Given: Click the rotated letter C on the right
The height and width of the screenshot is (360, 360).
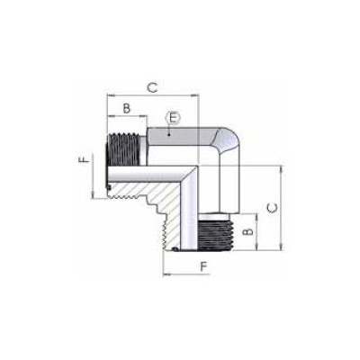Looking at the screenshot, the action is (x=272, y=208).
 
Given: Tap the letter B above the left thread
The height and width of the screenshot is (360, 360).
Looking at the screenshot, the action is (x=127, y=108).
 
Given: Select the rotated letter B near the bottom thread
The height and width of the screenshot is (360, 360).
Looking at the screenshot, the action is (x=248, y=232).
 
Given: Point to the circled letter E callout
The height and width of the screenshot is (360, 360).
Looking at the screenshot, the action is (x=173, y=118).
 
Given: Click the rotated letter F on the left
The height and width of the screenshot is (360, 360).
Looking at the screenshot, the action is (x=85, y=158).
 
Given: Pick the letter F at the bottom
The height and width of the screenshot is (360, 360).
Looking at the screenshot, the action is (x=204, y=266).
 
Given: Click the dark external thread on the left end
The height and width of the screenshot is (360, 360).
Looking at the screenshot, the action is (x=124, y=150).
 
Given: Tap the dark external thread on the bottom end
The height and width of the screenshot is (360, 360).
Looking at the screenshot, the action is (x=216, y=235).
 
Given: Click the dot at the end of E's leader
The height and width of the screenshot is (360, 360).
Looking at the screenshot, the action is (x=169, y=135).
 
